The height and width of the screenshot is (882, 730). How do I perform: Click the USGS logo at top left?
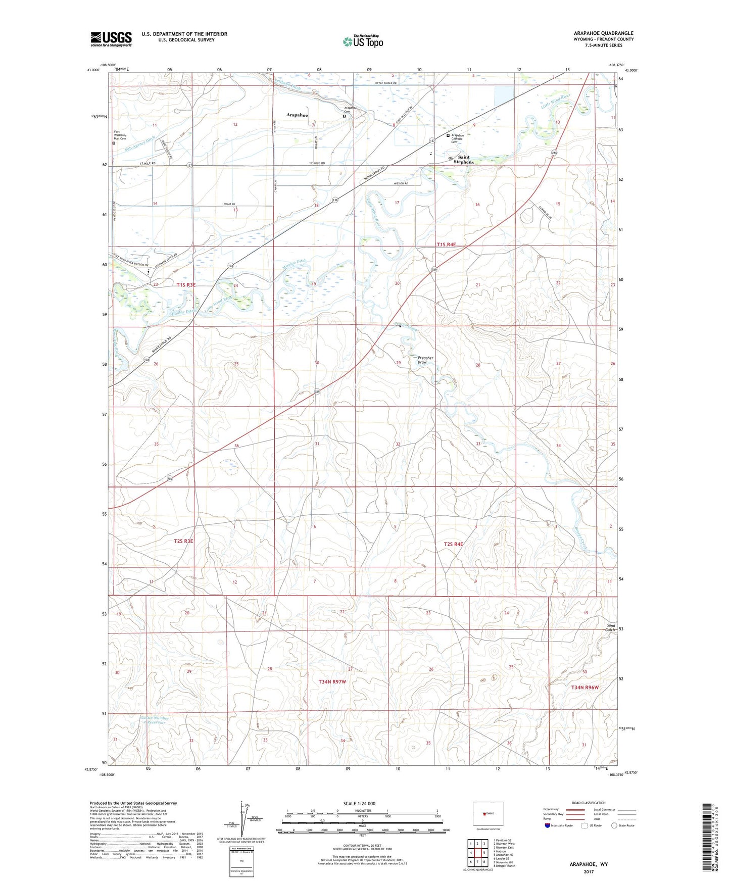coord(111,39)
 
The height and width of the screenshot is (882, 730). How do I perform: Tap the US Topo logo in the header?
coord(363,41)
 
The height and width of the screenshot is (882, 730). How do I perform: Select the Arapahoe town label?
coord(297,115)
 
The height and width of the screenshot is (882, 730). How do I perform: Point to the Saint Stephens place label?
coord(463,160)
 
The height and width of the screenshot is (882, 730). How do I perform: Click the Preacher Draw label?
coord(425,360)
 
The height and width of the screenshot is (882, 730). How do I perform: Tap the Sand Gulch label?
coord(610,627)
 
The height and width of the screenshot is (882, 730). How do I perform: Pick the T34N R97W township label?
coord(332,681)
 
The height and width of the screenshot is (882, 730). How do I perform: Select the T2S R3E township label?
coord(183,541)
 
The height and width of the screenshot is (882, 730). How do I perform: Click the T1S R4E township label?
coord(446,244)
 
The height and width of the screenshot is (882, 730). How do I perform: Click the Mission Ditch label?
coord(294,263)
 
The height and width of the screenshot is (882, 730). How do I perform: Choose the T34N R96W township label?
coord(585,688)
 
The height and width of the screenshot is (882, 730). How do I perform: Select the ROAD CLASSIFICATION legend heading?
coord(589,803)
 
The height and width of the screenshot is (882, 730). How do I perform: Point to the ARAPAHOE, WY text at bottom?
coord(589,864)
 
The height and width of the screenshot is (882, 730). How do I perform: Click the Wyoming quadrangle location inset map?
coord(488,814)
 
